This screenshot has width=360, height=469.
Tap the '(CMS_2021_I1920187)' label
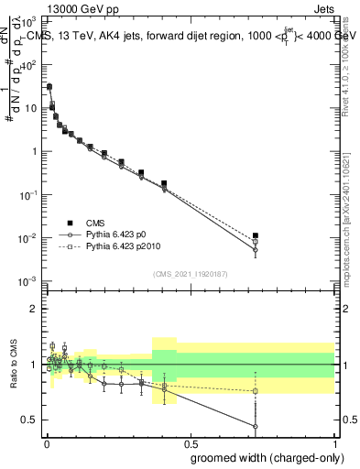click(x=190, y=273)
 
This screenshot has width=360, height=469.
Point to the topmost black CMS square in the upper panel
click(x=49, y=87)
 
